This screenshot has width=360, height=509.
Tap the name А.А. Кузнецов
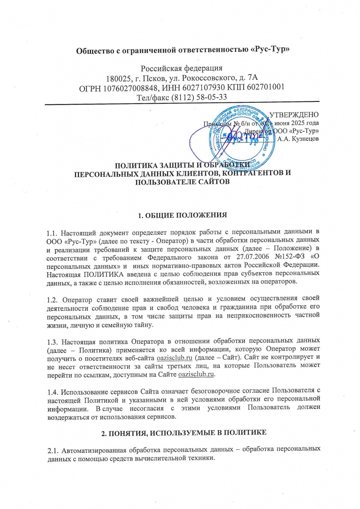(x=298, y=139)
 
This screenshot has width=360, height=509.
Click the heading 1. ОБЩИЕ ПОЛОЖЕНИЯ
(x=183, y=215)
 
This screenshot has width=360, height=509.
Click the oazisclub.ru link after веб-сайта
(x=175, y=358)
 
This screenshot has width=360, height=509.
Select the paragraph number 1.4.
(x=52, y=392)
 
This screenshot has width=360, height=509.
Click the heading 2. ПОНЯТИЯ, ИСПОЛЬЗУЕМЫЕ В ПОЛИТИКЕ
(x=184, y=433)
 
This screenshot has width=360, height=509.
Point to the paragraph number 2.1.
(x=53, y=451)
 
